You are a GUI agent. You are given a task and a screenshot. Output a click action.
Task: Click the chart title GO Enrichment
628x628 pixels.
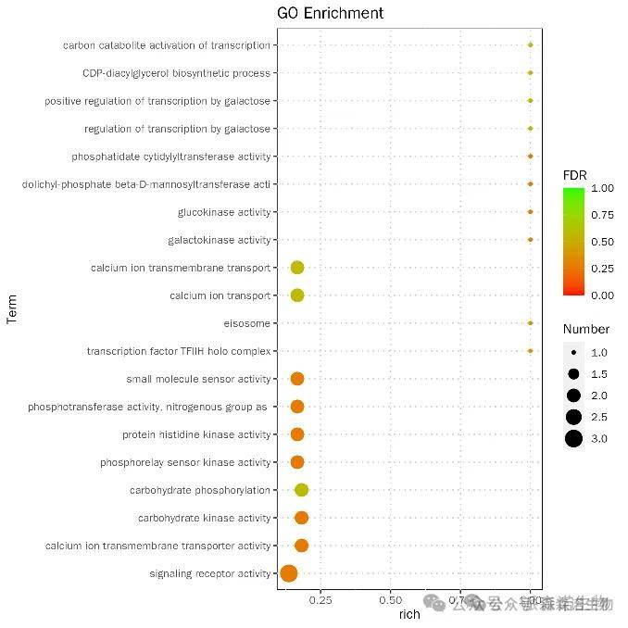330,13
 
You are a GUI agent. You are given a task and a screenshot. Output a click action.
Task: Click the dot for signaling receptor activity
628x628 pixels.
288,573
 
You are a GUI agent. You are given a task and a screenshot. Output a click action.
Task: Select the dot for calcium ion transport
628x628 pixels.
297,295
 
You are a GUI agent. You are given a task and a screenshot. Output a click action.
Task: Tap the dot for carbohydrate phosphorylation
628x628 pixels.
301,490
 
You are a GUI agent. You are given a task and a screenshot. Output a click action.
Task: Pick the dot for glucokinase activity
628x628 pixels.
530,212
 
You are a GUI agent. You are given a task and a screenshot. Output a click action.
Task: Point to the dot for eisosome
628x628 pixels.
530,323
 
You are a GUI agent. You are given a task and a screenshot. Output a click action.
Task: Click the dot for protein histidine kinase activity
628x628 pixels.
297,434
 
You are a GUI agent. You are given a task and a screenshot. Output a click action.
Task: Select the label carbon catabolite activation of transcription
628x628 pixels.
167,45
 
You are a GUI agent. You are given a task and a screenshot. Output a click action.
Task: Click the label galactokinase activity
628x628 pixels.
220,240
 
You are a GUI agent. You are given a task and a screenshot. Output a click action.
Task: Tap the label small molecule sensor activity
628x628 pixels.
198,379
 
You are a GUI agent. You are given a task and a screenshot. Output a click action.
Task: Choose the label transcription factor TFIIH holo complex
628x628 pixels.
179,351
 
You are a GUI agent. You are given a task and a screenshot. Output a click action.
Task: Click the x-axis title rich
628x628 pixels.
408,614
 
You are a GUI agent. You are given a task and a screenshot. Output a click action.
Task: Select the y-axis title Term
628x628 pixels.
12,308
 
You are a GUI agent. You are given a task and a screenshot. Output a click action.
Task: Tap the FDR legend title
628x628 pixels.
574,174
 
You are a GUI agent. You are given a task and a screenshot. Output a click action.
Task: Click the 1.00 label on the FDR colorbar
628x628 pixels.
602,188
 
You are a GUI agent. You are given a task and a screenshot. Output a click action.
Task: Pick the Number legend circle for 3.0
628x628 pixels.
574,439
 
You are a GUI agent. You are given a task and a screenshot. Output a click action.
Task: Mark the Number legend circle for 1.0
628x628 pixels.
574,353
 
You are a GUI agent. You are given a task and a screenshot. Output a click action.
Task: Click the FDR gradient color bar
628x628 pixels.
572,241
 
